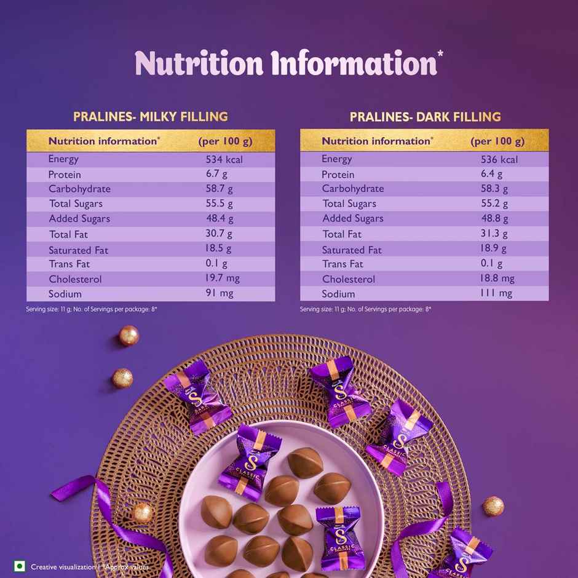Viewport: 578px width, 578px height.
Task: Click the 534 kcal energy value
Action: (224, 159)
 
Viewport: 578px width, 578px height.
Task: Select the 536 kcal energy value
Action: (499, 159)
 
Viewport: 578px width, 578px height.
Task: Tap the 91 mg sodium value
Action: (220, 293)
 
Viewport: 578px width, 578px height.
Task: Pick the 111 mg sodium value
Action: (496, 293)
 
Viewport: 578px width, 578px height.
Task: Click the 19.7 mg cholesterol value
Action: (223, 279)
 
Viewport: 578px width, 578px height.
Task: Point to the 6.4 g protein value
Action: (491, 174)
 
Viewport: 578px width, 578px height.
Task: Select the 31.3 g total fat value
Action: (494, 234)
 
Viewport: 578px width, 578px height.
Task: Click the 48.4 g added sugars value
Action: (220, 218)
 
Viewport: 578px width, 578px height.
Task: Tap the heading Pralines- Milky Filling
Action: (151, 116)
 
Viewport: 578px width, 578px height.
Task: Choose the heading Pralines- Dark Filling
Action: (425, 116)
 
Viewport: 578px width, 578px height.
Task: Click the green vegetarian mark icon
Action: (20, 566)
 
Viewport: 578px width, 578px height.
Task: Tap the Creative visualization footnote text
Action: (63, 567)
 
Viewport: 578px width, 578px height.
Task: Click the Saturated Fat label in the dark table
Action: (352, 250)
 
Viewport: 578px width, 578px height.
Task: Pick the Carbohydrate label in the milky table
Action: (79, 189)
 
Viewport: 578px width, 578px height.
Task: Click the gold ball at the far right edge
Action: (493, 506)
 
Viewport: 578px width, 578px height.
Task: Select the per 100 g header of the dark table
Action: (497, 141)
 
